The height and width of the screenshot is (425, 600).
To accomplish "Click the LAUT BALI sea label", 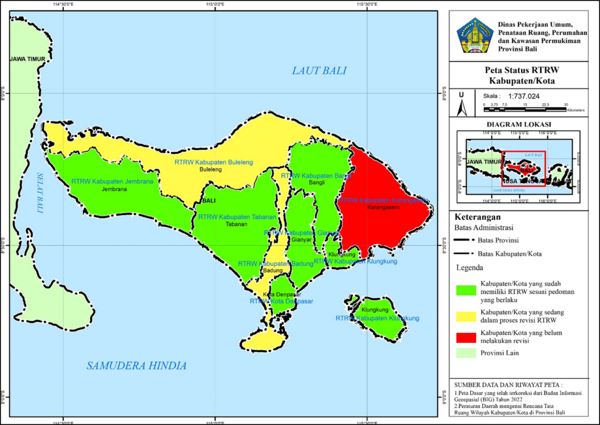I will point(319,71).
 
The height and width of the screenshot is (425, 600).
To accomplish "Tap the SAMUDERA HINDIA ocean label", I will point(137,366).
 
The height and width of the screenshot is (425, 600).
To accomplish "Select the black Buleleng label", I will point(211,170).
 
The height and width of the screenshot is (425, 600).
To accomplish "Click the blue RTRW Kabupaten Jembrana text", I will point(112,182).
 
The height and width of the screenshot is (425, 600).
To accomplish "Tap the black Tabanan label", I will point(237,225).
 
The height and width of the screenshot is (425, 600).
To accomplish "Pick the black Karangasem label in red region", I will point(384,208).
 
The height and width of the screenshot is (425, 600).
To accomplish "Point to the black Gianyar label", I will point(301,240).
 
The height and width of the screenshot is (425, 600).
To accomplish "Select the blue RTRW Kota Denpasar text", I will point(281,301).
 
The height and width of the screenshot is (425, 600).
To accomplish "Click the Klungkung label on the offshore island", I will point(376,310).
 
